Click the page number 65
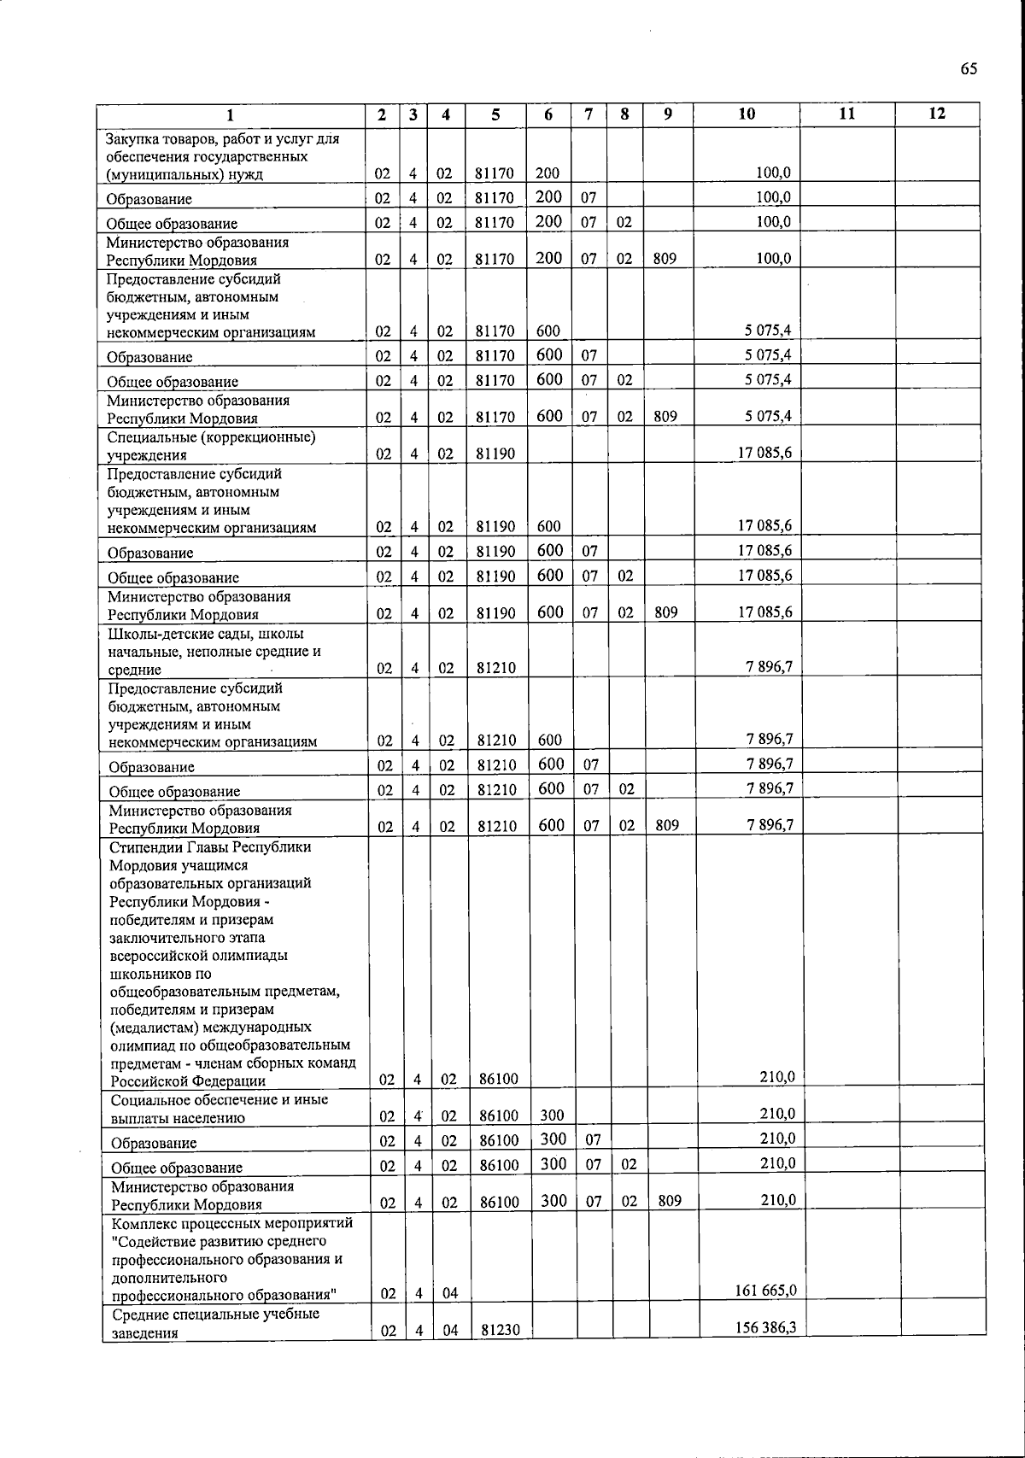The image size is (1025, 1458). tap(968, 69)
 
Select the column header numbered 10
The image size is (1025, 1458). tap(746, 114)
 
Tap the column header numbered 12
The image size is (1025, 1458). tap(937, 114)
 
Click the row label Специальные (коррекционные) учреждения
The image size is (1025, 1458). tap(211, 446)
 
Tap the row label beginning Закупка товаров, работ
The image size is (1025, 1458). tap(222, 156)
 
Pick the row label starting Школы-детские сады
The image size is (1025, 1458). tap(214, 652)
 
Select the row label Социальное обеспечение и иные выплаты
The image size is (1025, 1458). tap(220, 1108)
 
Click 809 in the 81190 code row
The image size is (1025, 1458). tap(665, 612)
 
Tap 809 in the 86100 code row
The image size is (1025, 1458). tap(670, 1202)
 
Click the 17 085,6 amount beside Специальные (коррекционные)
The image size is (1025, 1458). tap(764, 452)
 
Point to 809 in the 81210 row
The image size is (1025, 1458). tap(667, 826)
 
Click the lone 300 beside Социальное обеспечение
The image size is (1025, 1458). tap(553, 1115)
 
